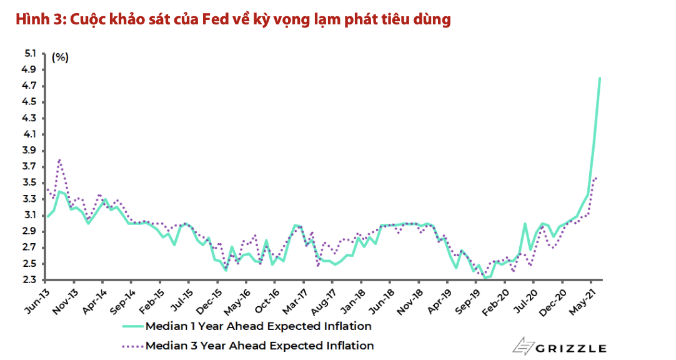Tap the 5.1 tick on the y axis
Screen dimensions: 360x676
pos(29,54)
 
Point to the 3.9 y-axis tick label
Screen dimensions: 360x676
pos(29,151)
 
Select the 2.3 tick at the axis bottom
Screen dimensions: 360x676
pos(29,280)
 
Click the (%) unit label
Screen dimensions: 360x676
pos(60,57)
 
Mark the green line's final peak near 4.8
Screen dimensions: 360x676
pos(600,78)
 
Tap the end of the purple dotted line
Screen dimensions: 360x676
pos(597,177)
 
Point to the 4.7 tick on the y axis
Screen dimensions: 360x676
pos(29,86)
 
